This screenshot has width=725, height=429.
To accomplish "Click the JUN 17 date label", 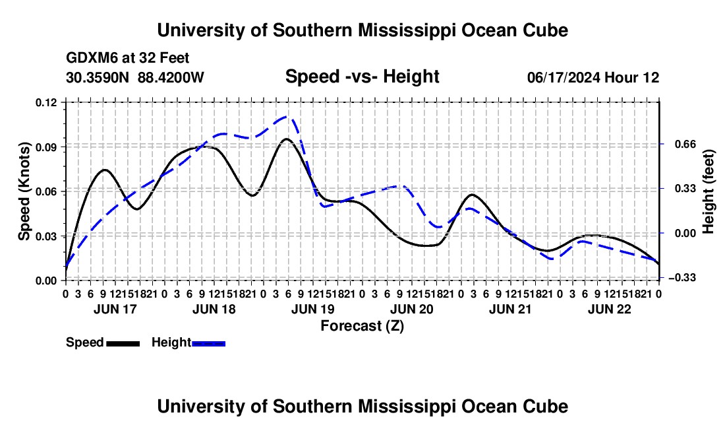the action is [x=115, y=309].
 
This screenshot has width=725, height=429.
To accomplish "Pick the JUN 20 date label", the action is [x=411, y=309].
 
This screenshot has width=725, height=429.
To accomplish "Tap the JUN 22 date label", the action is [x=610, y=309].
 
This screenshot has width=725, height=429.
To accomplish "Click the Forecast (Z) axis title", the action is [x=362, y=326].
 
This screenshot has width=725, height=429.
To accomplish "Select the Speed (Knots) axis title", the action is [x=24, y=191].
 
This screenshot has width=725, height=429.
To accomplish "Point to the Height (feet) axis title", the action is [x=708, y=191].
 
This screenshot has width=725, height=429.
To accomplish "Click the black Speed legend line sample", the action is [x=123, y=344].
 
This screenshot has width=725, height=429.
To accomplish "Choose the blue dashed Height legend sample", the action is [x=208, y=344].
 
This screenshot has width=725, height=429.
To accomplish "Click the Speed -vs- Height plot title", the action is [x=362, y=77].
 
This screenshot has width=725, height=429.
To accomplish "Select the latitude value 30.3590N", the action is [x=98, y=77].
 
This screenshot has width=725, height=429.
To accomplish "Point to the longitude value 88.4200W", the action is [x=171, y=77].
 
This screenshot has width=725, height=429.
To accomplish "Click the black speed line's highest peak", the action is [x=287, y=139].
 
